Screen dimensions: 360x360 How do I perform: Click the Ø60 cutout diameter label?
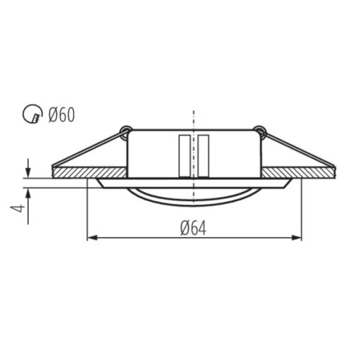tap(61, 115)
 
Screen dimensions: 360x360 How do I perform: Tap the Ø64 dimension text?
tap(193, 229)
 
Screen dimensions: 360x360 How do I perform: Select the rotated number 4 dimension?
tap(18, 208)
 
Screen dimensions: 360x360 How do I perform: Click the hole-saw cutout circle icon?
tap(32, 115)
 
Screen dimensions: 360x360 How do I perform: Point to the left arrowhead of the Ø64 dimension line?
tap(92, 238)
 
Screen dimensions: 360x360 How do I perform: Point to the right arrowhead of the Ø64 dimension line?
tap(297, 238)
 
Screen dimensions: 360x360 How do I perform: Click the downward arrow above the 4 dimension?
tap(28, 168)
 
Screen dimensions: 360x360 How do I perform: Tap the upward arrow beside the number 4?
tap(28, 206)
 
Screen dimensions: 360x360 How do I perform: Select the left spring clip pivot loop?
tap(125, 131)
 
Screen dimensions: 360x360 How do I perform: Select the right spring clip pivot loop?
tap(259, 131)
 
